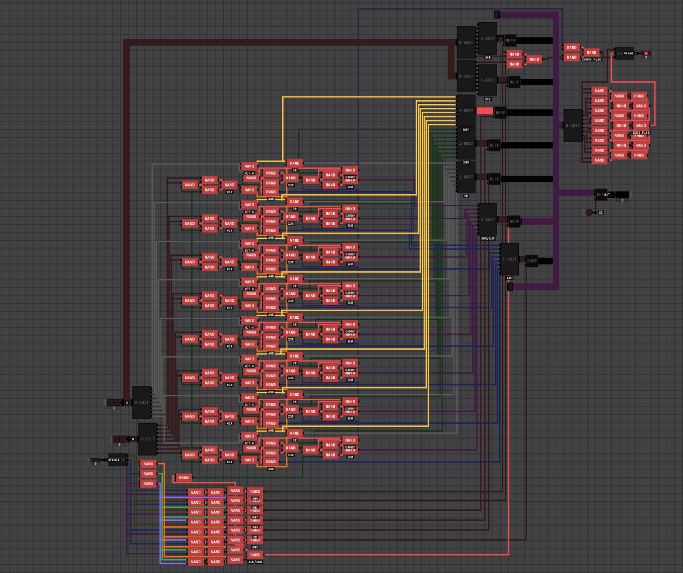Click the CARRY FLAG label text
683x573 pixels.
pyautogui.click(x=591, y=60)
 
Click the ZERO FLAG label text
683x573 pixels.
pyautogui.click(x=640, y=133)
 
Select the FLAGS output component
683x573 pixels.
pyautogui.click(x=624, y=53)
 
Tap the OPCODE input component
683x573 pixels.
pyautogui.click(x=117, y=460)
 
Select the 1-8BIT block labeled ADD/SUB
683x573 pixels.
pyautogui.click(x=487, y=219)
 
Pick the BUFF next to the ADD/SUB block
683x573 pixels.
pyautogui.click(x=514, y=221)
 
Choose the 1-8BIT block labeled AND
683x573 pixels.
pyautogui.click(x=509, y=259)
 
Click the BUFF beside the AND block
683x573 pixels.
pyautogui.click(x=532, y=261)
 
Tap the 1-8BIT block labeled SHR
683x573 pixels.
pyautogui.click(x=487, y=39)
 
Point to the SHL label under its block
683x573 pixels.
pyautogui.click(x=487, y=99)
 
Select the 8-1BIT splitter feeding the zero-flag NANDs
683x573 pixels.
pyautogui.click(x=573, y=125)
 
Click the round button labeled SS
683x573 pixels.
pyautogui.click(x=589, y=213)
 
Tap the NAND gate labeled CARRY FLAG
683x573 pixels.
pyautogui.click(x=591, y=53)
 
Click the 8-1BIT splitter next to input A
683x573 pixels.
pyautogui.click(x=141, y=402)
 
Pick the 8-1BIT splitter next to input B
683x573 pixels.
pyautogui.click(x=147, y=439)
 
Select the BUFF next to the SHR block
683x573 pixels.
pyautogui.click(x=510, y=40)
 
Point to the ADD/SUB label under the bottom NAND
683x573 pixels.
pyautogui.click(x=255, y=562)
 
